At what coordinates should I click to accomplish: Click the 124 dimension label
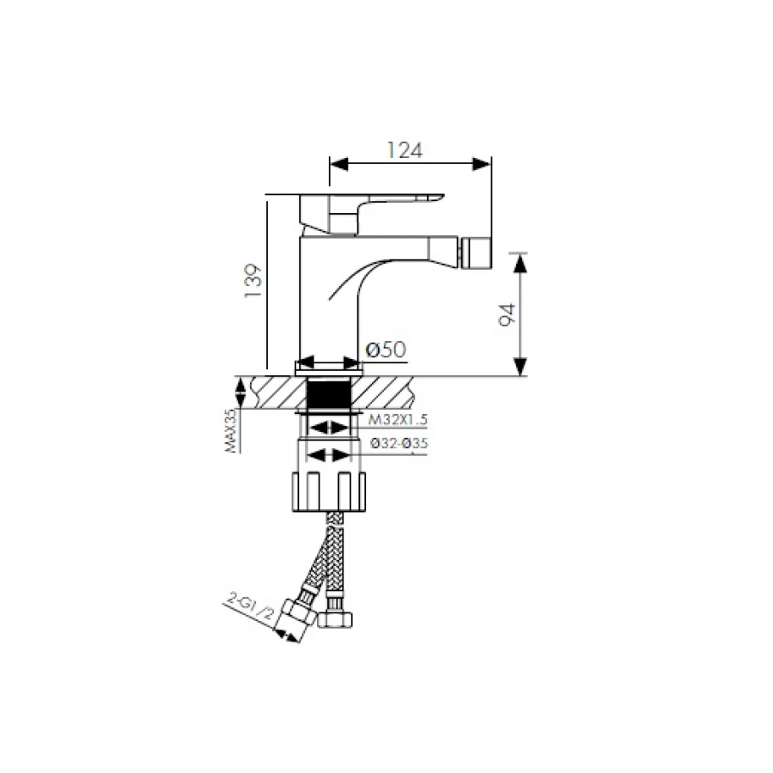405,150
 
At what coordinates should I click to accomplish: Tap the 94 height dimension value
508,314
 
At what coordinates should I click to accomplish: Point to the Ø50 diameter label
386,350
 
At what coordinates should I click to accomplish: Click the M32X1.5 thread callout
399,419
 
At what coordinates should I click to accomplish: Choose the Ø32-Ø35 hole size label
399,443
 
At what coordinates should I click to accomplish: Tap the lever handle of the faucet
365,212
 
